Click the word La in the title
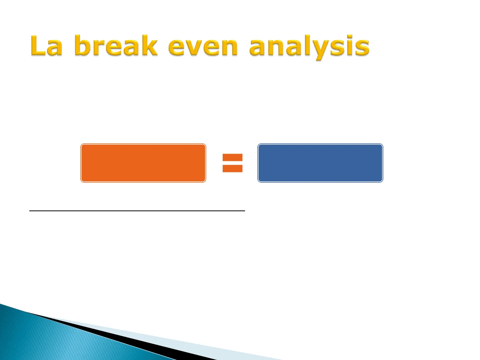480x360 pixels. click(x=46, y=45)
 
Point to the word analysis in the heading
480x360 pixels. click(x=309, y=47)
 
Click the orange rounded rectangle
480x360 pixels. click(x=143, y=163)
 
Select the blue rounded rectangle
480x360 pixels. click(x=320, y=163)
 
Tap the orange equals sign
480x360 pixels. click(x=232, y=163)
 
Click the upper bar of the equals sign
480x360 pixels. click(x=232, y=157)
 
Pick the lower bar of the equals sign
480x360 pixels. click(x=232, y=169)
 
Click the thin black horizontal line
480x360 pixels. click(x=137, y=211)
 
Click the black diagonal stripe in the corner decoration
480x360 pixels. click(x=122, y=336)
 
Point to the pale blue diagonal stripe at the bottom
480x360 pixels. click(x=175, y=341)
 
